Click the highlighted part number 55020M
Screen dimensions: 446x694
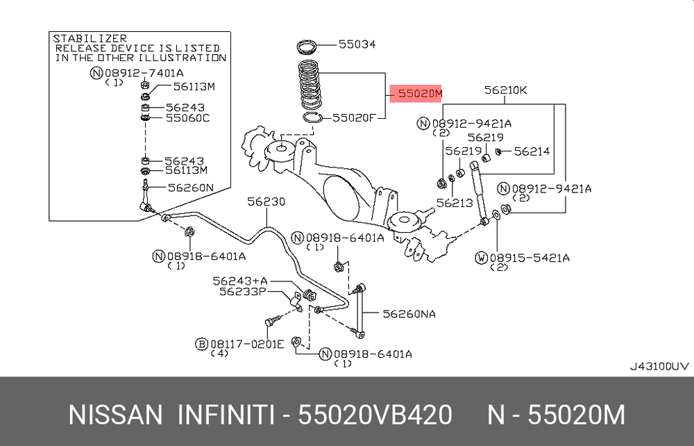pyautogui.click(x=416, y=92)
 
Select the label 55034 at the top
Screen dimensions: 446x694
pyautogui.click(x=357, y=44)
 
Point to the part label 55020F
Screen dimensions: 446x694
pyautogui.click(x=354, y=118)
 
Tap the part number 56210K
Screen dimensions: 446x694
pyautogui.click(x=506, y=90)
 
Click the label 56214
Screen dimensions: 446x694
pyautogui.click(x=532, y=151)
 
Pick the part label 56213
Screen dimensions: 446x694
pyautogui.click(x=455, y=203)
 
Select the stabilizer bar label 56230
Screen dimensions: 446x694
pyautogui.click(x=266, y=201)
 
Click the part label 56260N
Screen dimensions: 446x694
pyautogui.click(x=190, y=187)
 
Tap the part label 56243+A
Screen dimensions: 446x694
pyautogui.click(x=239, y=281)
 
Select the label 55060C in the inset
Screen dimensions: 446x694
pyautogui.click(x=187, y=118)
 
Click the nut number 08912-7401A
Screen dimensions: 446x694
pyautogui.click(x=145, y=73)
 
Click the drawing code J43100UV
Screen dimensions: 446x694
pyautogui.click(x=659, y=366)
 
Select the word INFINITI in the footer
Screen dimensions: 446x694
pyautogui.click(x=226, y=415)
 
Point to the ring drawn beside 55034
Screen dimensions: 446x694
pyautogui.click(x=307, y=47)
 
